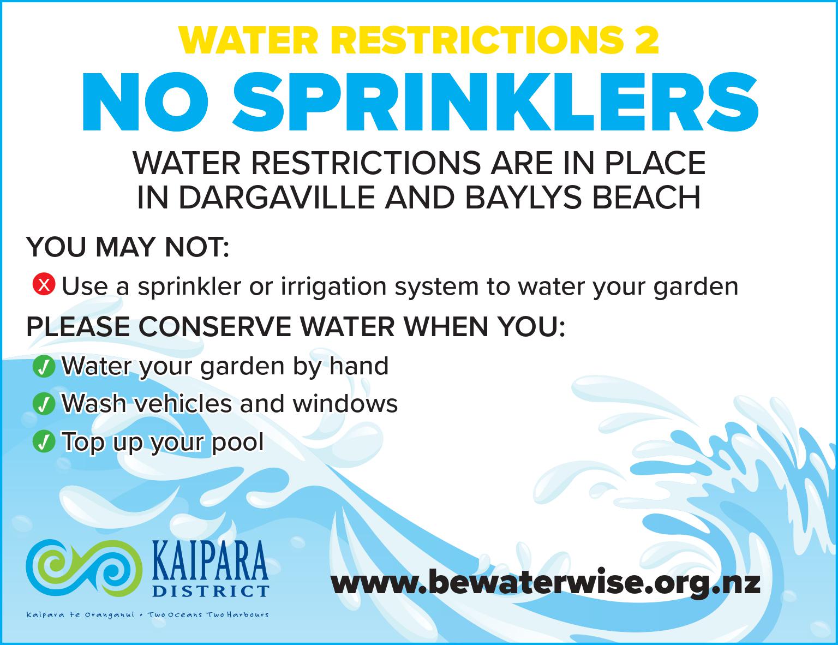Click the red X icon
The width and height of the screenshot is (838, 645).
pyautogui.click(x=44, y=284)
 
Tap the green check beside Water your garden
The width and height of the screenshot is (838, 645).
pyautogui.click(x=44, y=366)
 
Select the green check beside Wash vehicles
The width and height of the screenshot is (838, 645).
pyautogui.click(x=44, y=404)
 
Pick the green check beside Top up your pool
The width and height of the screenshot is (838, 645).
pyautogui.click(x=44, y=441)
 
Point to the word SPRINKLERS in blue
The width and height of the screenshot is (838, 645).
pyautogui.click(x=495, y=102)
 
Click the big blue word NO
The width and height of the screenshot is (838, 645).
pyautogui.click(x=145, y=102)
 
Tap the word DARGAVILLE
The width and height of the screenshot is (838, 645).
pyautogui.click(x=277, y=198)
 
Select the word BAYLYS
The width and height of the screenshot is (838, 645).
pyautogui.click(x=523, y=198)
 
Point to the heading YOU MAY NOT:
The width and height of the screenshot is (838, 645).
pyautogui.click(x=128, y=247)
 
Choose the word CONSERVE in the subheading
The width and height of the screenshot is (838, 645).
pyautogui.click(x=215, y=327)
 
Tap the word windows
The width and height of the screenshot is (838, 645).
pyautogui.click(x=345, y=404)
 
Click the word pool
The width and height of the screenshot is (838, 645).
pyautogui.click(x=238, y=442)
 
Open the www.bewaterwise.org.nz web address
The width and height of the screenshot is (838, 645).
pyautogui.click(x=546, y=583)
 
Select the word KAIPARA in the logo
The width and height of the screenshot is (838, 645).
pyautogui.click(x=210, y=560)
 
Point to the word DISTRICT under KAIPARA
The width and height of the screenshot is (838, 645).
pyautogui.click(x=211, y=592)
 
